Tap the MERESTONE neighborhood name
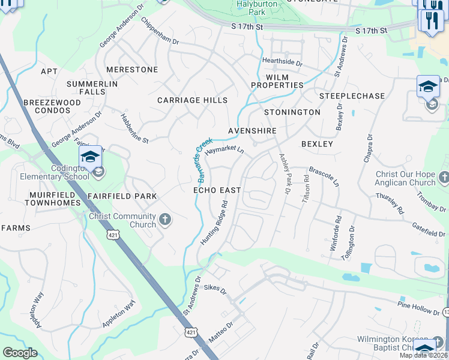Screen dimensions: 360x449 point(132,70)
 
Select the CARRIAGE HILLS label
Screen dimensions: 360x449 point(193,100)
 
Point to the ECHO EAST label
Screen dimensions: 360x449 point(217,190)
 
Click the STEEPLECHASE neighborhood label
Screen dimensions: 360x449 point(352,96)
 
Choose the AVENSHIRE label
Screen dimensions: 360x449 point(252,131)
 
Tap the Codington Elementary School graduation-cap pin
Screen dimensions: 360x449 point(90,158)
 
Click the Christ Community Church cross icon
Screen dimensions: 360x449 point(165,221)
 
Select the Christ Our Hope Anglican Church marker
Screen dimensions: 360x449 point(443,178)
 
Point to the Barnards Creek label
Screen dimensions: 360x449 point(204,161)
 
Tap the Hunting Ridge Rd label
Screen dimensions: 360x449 point(215,221)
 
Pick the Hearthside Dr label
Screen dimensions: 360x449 point(282,62)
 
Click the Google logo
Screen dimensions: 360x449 point(20,353)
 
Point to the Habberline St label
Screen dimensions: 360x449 point(134,128)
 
